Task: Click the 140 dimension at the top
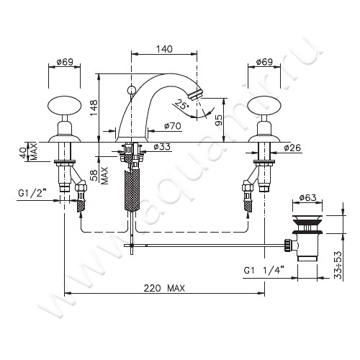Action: pos(164,49)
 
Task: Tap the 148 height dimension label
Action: pos(94,107)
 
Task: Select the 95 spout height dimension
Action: pos(219,120)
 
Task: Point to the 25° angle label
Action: pos(181,104)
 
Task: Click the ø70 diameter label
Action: pos(173,126)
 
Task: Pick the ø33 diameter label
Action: pos(162,146)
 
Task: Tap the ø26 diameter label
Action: pos(292,148)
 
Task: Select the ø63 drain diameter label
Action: pos(308,198)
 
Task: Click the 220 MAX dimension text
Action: pos(164,288)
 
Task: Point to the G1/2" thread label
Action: pos(32,193)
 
